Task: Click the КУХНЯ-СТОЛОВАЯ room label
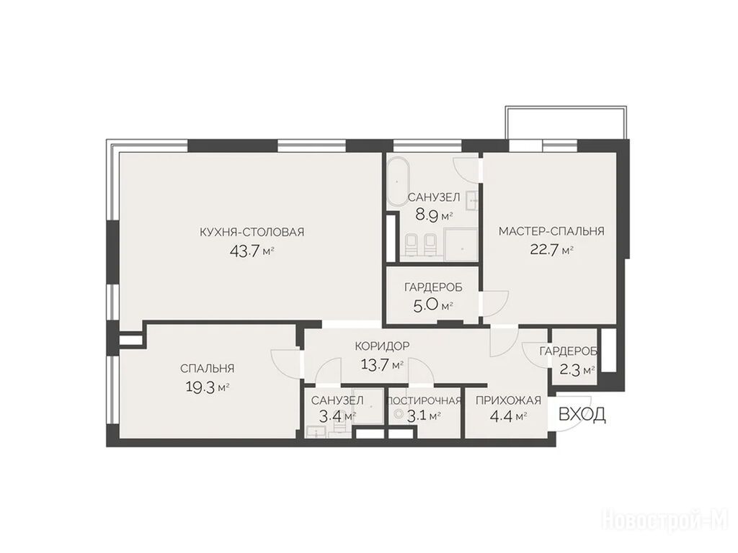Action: [x=252, y=232]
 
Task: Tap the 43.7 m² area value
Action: [x=252, y=251]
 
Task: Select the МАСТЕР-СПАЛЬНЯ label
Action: [x=551, y=231]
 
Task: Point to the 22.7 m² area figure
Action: [x=551, y=249]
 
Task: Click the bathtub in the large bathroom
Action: [x=399, y=181]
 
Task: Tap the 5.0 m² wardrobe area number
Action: [x=433, y=306]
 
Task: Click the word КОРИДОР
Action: [x=382, y=346]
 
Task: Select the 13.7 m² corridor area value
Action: [x=382, y=364]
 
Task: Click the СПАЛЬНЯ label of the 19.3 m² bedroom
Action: [x=207, y=369]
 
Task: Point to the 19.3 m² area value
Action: [x=207, y=387]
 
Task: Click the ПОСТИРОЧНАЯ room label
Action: [x=423, y=400]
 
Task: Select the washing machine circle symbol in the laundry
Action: [x=399, y=414]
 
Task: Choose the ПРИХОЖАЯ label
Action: [x=508, y=400]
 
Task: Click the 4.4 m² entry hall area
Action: [x=508, y=416]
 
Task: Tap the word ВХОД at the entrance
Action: [x=582, y=414]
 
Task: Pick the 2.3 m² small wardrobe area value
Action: [x=577, y=370]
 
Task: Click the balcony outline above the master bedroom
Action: [x=566, y=107]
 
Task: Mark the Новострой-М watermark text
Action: [x=668, y=523]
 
